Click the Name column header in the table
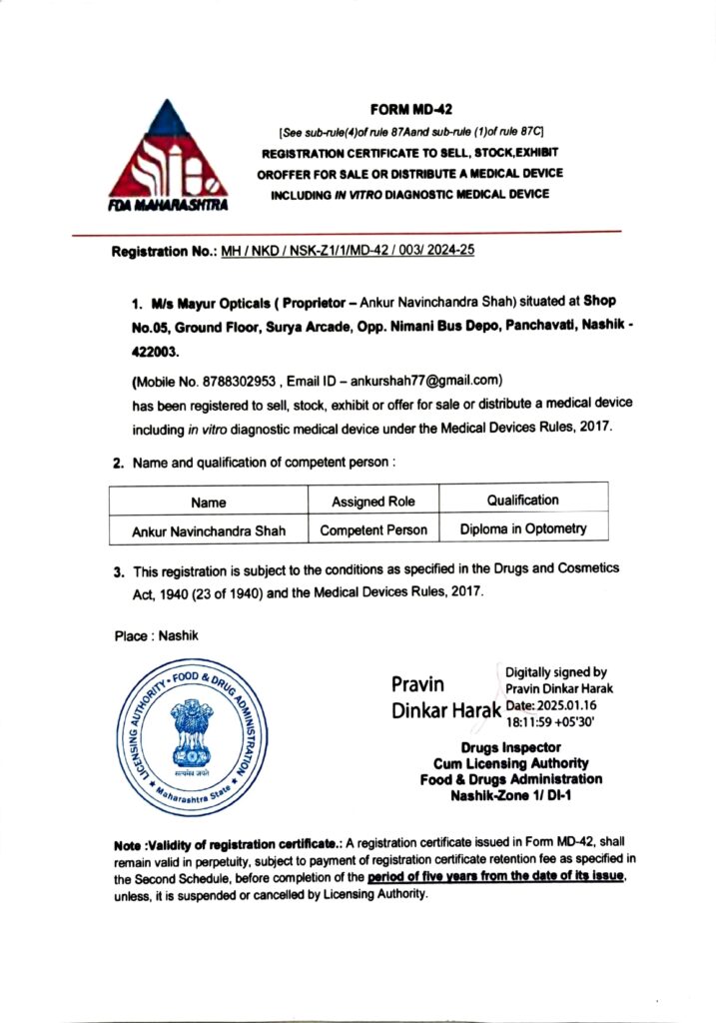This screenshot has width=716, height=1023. [208, 502]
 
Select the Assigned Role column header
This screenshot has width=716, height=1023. [373, 501]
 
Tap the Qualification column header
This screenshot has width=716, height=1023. [522, 500]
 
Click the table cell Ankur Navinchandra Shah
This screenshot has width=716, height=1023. [209, 529]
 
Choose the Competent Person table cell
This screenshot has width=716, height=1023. [373, 529]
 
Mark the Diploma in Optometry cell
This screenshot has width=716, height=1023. [522, 528]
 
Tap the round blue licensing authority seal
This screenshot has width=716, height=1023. [196, 736]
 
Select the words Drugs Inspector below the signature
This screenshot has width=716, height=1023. [510, 747]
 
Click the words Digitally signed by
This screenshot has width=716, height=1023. [556, 672]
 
